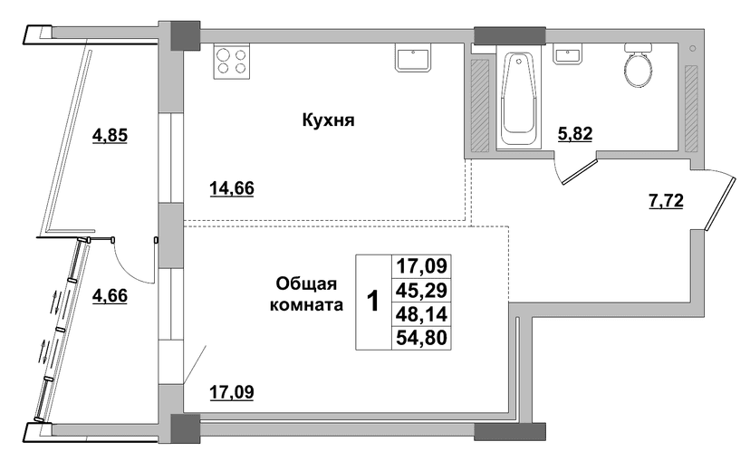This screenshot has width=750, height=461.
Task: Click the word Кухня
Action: tap(328, 120)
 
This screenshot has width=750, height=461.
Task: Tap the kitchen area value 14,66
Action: tap(232, 188)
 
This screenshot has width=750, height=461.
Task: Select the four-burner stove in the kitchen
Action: tap(232, 62)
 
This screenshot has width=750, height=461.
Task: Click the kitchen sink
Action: tap(413, 58)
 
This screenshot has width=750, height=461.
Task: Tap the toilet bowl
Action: tap(638, 65)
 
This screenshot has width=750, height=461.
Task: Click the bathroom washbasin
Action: tap(568, 54)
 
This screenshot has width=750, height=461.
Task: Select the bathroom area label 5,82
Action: tap(575, 134)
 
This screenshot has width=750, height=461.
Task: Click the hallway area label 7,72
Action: tap(666, 201)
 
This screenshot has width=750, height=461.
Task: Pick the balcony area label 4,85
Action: tap(110, 135)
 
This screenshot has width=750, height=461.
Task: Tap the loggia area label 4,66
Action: tap(110, 295)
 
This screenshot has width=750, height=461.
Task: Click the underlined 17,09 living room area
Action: tap(232, 392)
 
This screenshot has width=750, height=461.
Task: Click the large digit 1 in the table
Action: tap(372, 302)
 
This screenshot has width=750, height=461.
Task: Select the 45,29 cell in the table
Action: tap(421, 290)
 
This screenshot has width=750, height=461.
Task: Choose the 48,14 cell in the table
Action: tap(421, 314)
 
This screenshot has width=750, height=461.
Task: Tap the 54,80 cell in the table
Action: tap(421, 338)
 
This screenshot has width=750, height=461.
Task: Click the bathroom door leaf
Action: tap(580, 172)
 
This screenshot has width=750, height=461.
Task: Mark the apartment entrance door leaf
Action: tap(720, 203)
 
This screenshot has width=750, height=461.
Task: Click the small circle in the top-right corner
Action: tap(693, 48)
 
